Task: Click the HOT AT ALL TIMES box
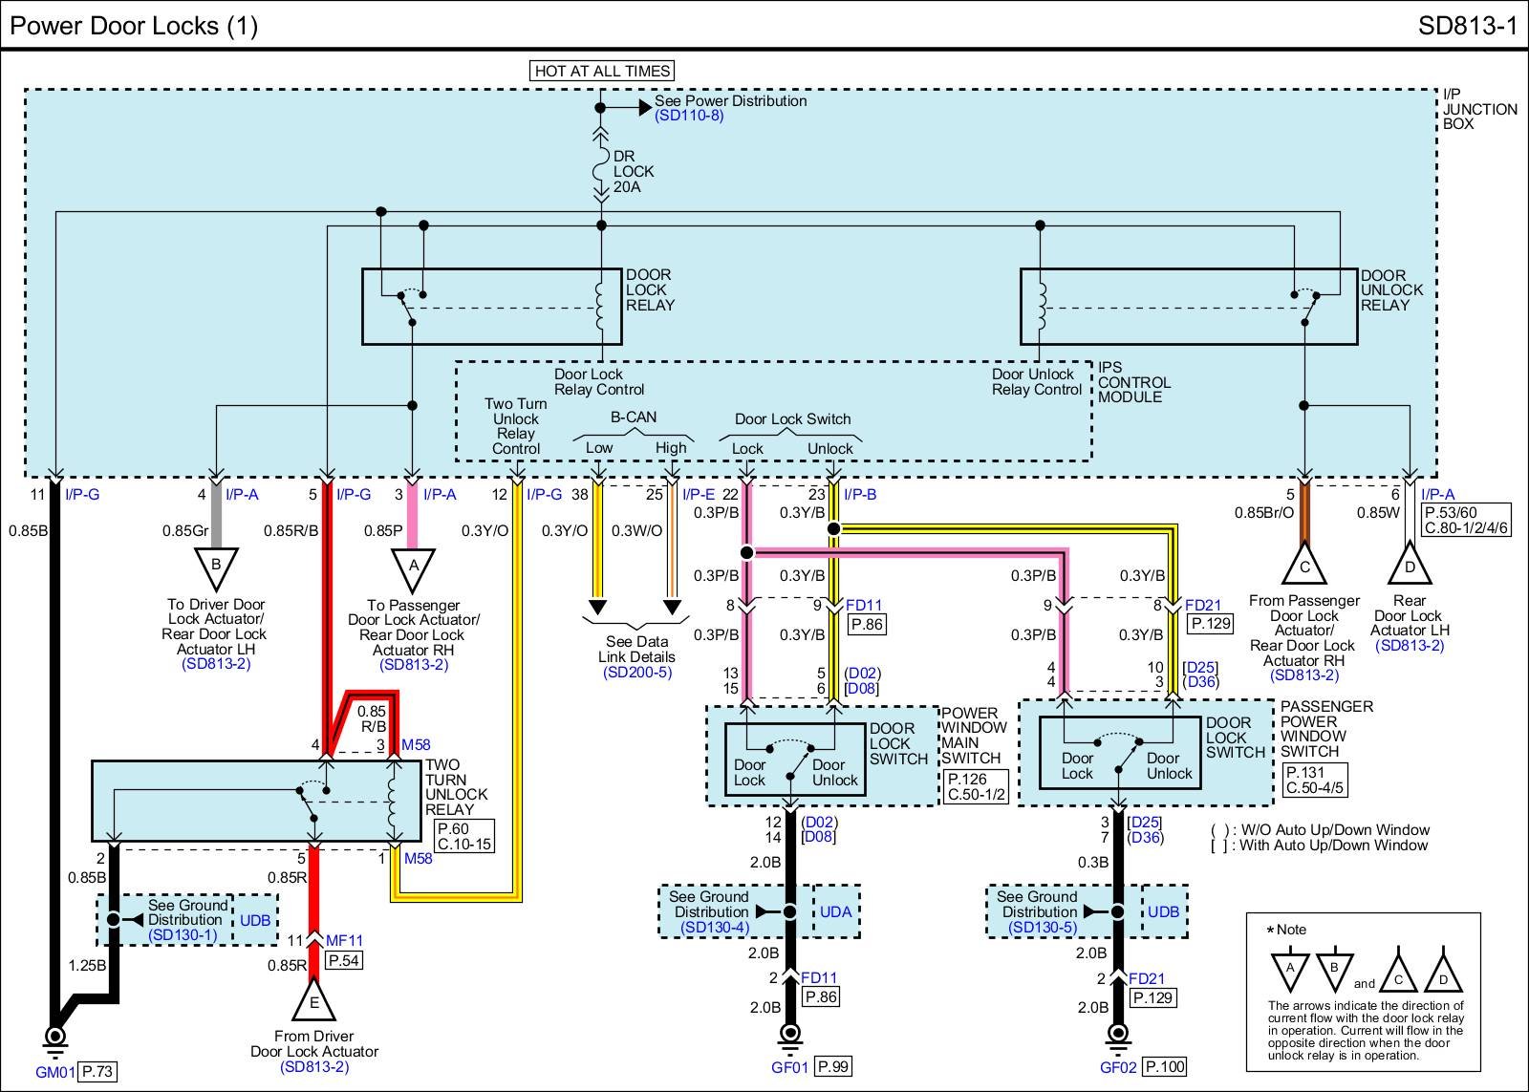click(x=602, y=71)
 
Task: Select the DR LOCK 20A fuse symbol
click(x=600, y=172)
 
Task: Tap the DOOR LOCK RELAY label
click(x=650, y=290)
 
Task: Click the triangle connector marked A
click(x=414, y=567)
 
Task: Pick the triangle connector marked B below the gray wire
click(x=216, y=566)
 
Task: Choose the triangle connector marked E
click(x=313, y=1001)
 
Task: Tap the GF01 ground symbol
click(x=789, y=1035)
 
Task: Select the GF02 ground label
click(x=1118, y=1067)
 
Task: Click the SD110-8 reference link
click(x=689, y=116)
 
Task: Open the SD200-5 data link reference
click(x=636, y=673)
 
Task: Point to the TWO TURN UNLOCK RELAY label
click(x=456, y=787)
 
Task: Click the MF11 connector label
click(x=344, y=941)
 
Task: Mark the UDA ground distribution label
click(x=835, y=912)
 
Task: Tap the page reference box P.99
click(x=833, y=1066)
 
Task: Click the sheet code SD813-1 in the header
click(x=1467, y=26)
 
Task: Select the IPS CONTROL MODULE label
click(x=1133, y=382)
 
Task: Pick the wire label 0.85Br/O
click(x=1263, y=513)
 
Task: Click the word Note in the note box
click(x=1291, y=930)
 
